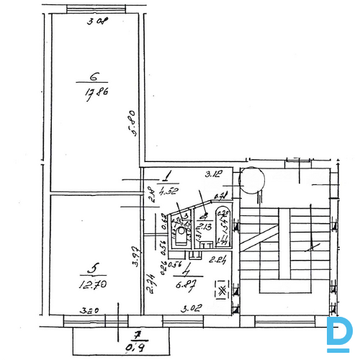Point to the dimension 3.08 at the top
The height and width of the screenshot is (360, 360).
coord(96,21)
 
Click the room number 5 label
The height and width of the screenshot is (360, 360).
coord(91,268)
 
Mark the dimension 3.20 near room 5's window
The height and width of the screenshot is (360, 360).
coord(88,312)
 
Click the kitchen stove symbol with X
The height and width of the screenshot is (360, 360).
coord(222,291)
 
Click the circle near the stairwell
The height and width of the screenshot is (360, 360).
coord(252,179)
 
